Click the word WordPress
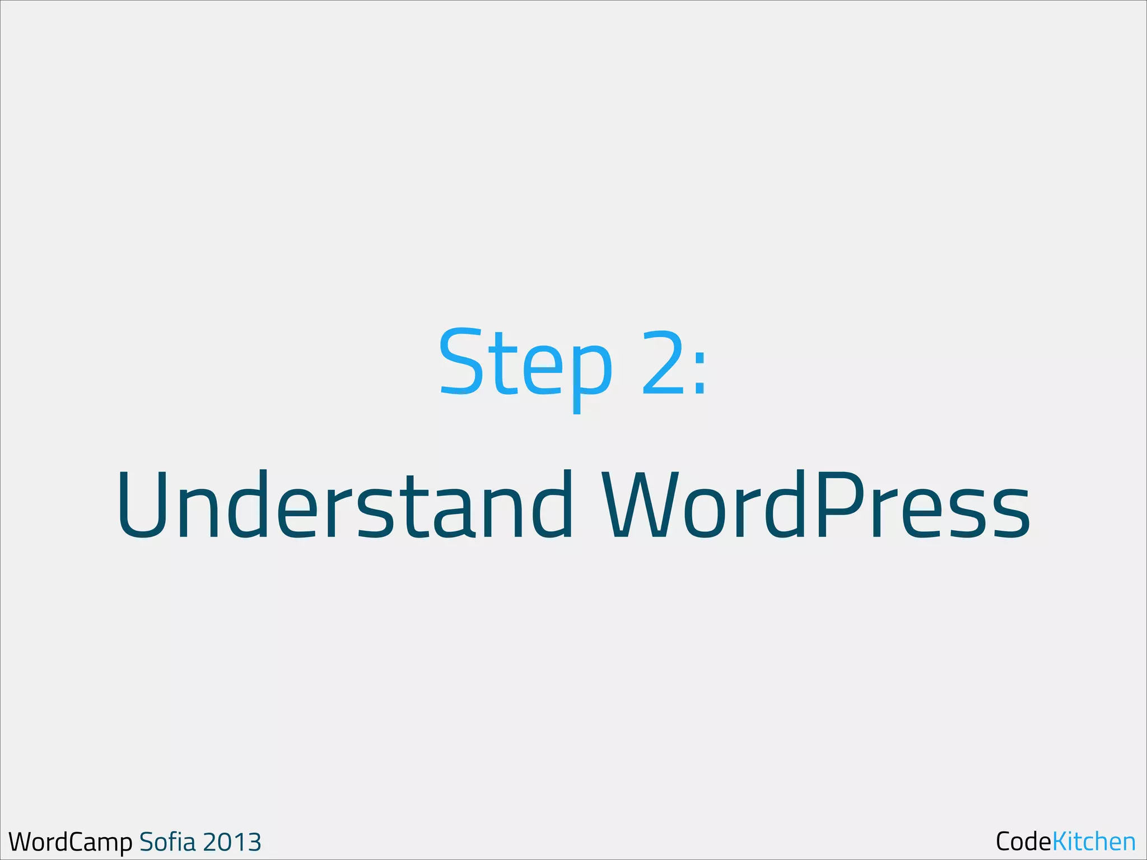click(815, 504)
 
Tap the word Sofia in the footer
click(167, 842)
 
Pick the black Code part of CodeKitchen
click(1023, 842)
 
